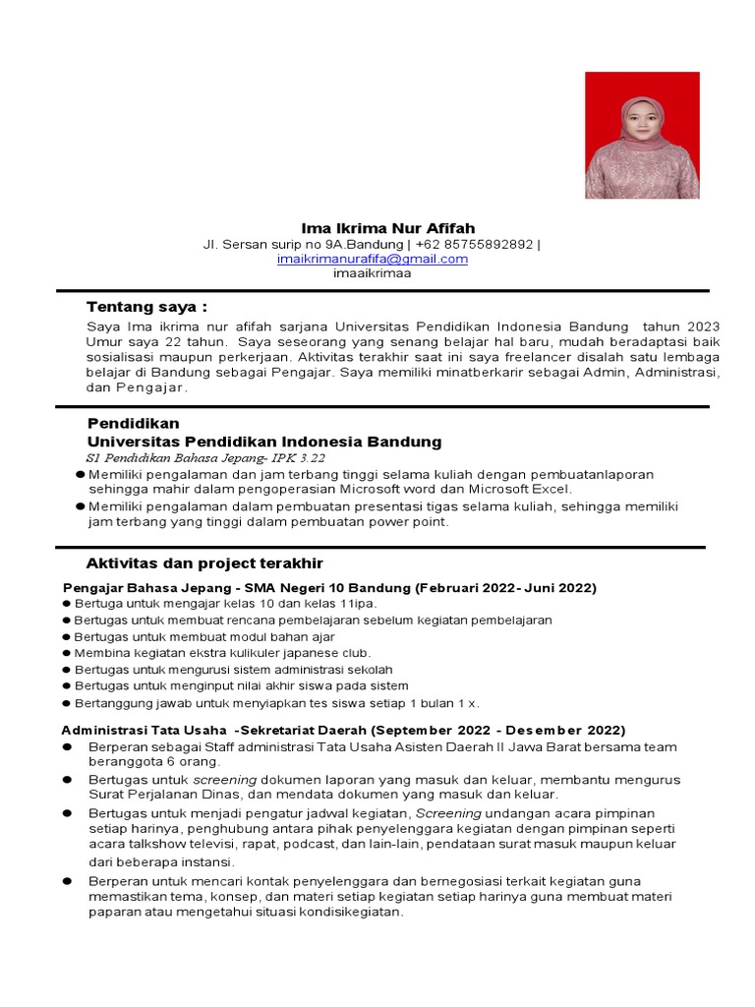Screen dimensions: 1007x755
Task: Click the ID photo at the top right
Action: pos(642,135)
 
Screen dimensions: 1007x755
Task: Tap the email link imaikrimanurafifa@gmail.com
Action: pos(372,259)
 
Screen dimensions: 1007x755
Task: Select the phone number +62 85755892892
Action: pos(473,244)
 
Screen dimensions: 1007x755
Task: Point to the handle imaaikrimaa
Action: pos(372,273)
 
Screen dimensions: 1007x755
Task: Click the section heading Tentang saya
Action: pos(146,307)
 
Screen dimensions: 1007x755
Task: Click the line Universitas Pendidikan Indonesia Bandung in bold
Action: pos(264,442)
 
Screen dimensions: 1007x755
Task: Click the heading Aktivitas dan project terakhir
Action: pos(204,563)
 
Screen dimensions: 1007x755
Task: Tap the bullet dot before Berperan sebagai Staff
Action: pos(68,747)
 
